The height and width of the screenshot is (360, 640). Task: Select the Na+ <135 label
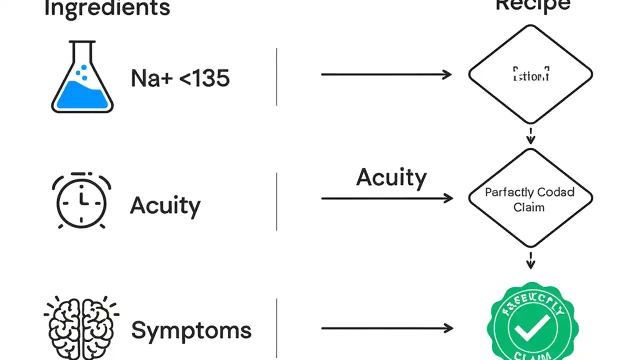[180, 78]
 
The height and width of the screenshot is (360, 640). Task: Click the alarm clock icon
[81, 201]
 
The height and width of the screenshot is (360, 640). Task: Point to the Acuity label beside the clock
[165, 205]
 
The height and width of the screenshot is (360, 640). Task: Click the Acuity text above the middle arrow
[391, 178]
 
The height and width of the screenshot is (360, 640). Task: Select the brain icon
[81, 327]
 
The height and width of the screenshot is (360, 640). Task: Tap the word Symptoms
[191, 330]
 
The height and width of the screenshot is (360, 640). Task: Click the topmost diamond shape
[530, 74]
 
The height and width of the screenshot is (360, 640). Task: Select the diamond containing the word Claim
[530, 198]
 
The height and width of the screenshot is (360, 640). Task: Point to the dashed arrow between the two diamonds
[530, 135]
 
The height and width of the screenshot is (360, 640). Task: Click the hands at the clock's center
[82, 201]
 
